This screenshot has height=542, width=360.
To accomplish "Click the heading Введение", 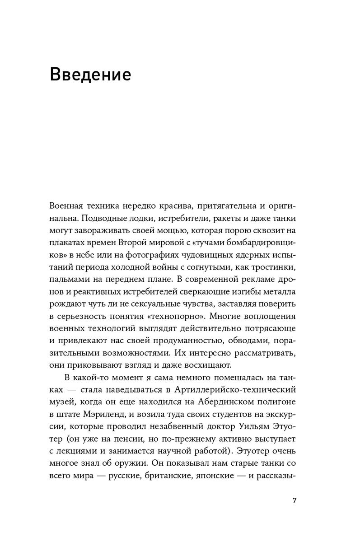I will pyautogui.click(x=90, y=74).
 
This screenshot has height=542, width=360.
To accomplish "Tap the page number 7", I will pyautogui.click(x=295, y=500).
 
